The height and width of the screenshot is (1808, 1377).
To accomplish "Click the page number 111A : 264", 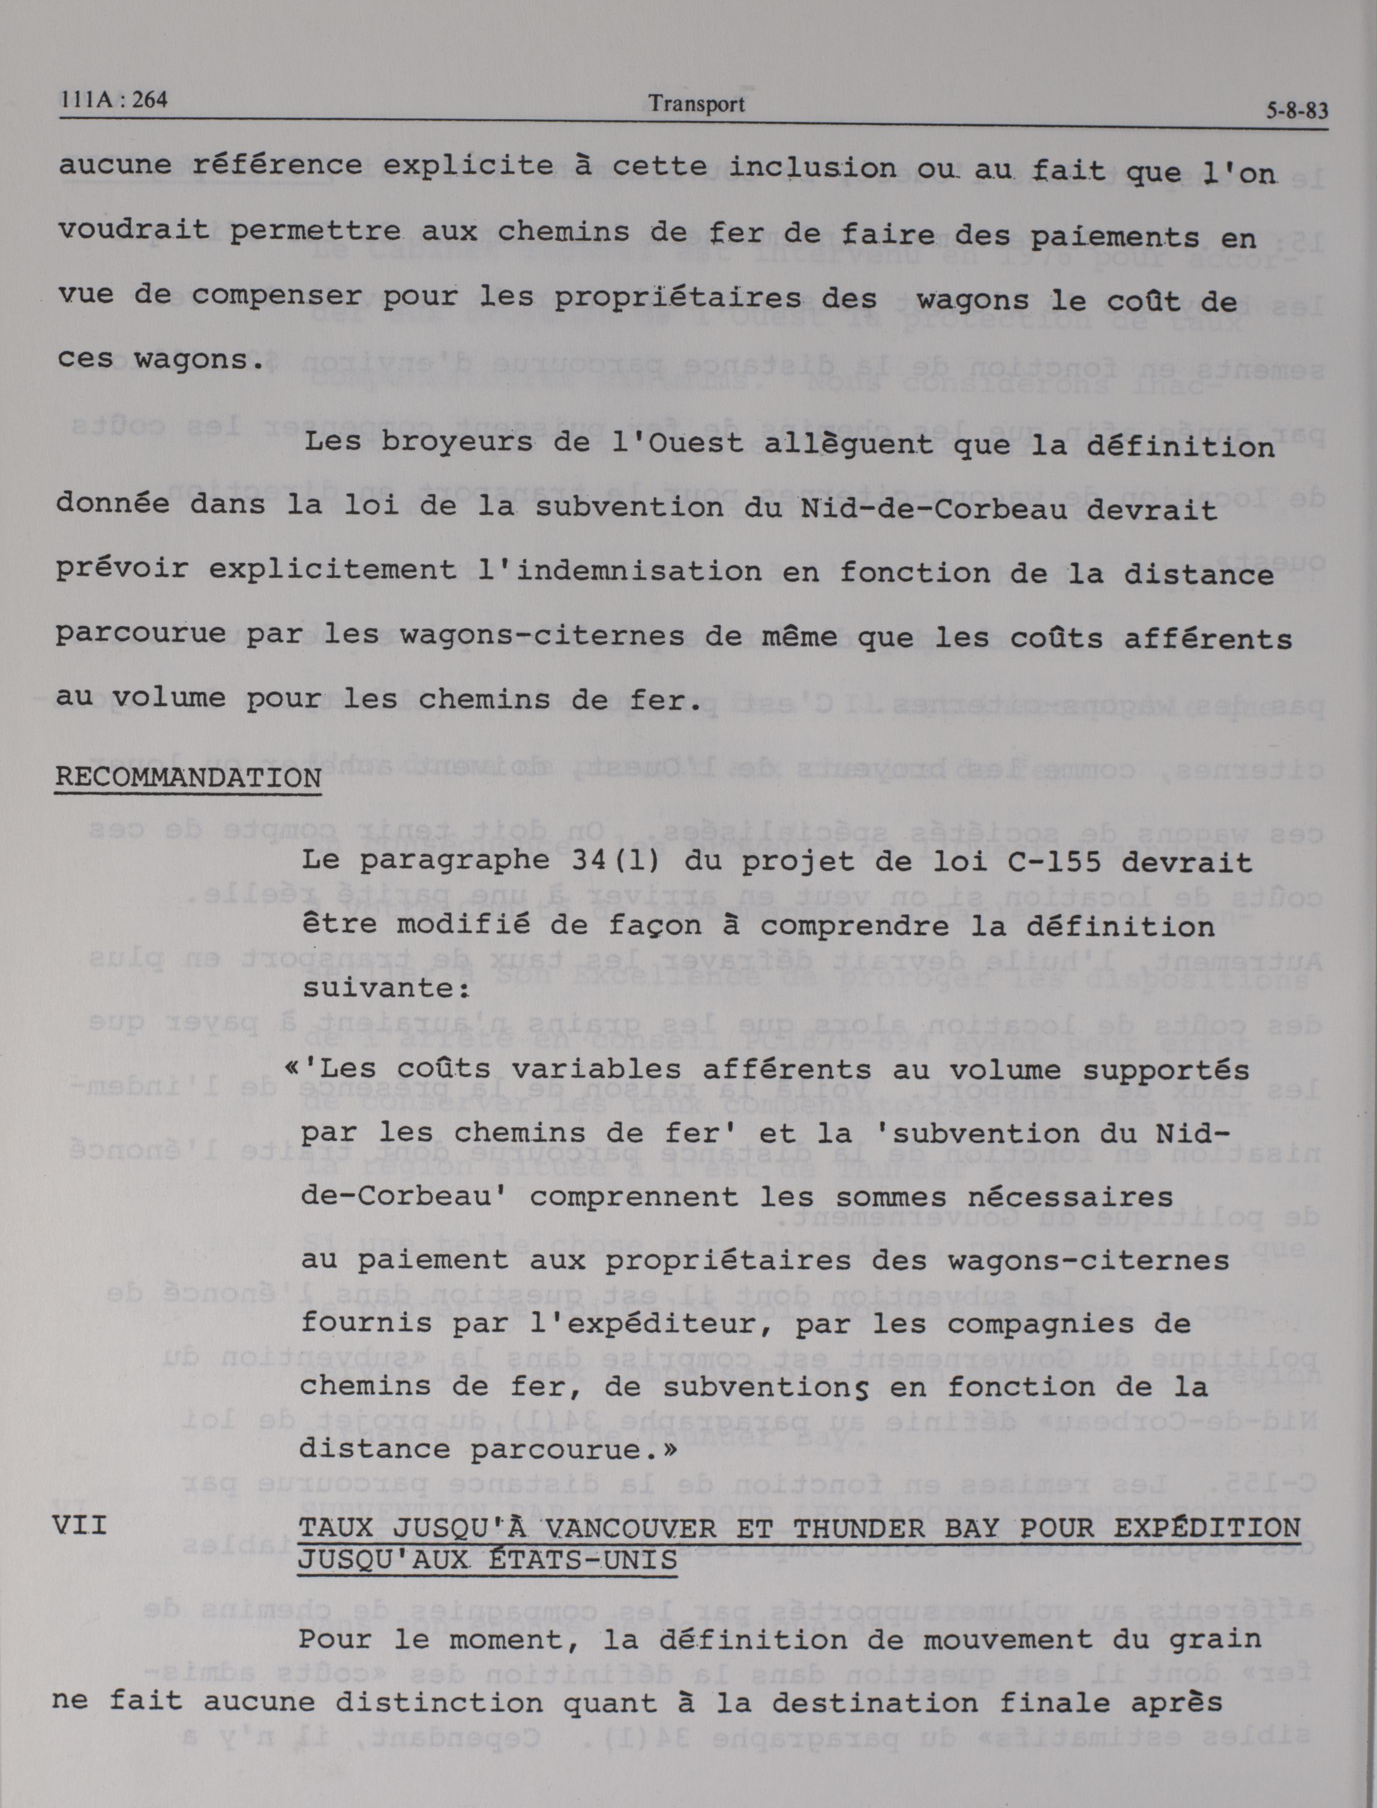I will [x=114, y=100].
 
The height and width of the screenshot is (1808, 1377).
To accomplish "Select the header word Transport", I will [x=696, y=104].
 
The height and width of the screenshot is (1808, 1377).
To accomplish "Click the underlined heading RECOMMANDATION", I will [x=188, y=777].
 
